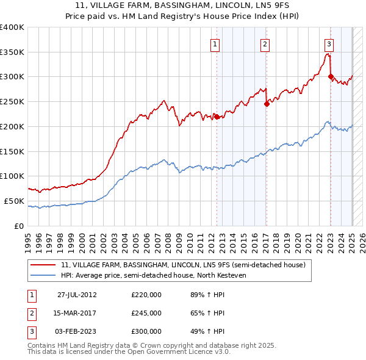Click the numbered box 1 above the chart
tap(217, 44)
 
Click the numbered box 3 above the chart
tap(329, 44)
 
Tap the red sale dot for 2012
tap(217, 117)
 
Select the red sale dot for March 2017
tap(267, 104)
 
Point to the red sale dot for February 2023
tap(331, 77)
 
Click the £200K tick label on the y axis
tap(13, 126)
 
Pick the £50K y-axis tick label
tap(15, 201)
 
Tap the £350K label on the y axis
tap(13, 52)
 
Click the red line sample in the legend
tap(43, 265)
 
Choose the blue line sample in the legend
tap(43, 275)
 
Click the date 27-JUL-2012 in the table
tap(77, 295)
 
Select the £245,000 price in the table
tap(146, 313)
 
